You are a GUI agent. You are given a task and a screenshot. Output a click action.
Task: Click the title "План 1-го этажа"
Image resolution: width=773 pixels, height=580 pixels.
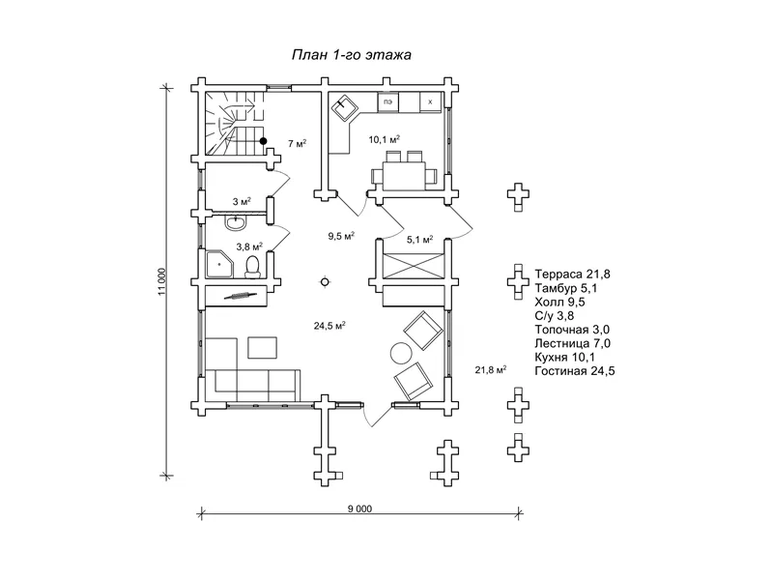(352, 54)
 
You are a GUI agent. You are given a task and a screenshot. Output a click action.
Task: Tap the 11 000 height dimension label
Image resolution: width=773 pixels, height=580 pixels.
(162, 282)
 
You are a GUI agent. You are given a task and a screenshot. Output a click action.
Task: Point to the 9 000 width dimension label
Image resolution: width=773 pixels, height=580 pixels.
(359, 509)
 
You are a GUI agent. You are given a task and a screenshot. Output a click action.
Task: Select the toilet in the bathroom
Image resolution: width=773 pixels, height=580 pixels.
(252, 266)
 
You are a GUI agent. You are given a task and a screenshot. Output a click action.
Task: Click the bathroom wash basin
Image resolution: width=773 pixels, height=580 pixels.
(236, 223)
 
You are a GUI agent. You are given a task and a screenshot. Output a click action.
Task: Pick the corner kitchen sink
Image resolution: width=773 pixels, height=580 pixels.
(345, 108)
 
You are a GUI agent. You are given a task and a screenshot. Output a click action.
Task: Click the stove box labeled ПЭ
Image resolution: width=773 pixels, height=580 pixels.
(388, 102)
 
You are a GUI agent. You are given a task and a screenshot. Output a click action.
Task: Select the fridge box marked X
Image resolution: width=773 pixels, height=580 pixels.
(430, 102)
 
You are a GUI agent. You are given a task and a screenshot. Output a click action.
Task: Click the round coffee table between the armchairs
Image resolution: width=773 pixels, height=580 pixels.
(401, 353)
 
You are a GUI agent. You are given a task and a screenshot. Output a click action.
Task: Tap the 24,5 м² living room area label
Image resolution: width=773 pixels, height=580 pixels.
(329, 326)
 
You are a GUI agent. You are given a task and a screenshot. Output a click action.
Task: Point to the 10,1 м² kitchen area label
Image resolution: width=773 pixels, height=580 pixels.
(384, 139)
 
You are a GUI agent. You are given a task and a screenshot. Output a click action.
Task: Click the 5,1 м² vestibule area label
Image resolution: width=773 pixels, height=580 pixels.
(419, 240)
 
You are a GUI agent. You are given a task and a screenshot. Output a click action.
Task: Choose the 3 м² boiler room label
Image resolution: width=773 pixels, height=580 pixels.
(242, 202)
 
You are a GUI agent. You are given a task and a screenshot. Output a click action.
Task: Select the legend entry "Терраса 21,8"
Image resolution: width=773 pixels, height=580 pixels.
(572, 275)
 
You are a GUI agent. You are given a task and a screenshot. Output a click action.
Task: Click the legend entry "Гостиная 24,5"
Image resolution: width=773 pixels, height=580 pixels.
(575, 371)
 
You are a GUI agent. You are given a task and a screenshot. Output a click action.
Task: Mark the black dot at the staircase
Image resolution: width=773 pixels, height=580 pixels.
(263, 141)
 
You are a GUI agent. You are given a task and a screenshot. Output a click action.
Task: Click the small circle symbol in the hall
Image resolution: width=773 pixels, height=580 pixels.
(325, 282)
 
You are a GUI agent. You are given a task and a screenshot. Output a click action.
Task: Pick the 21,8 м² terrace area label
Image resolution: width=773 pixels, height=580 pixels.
(491, 370)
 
